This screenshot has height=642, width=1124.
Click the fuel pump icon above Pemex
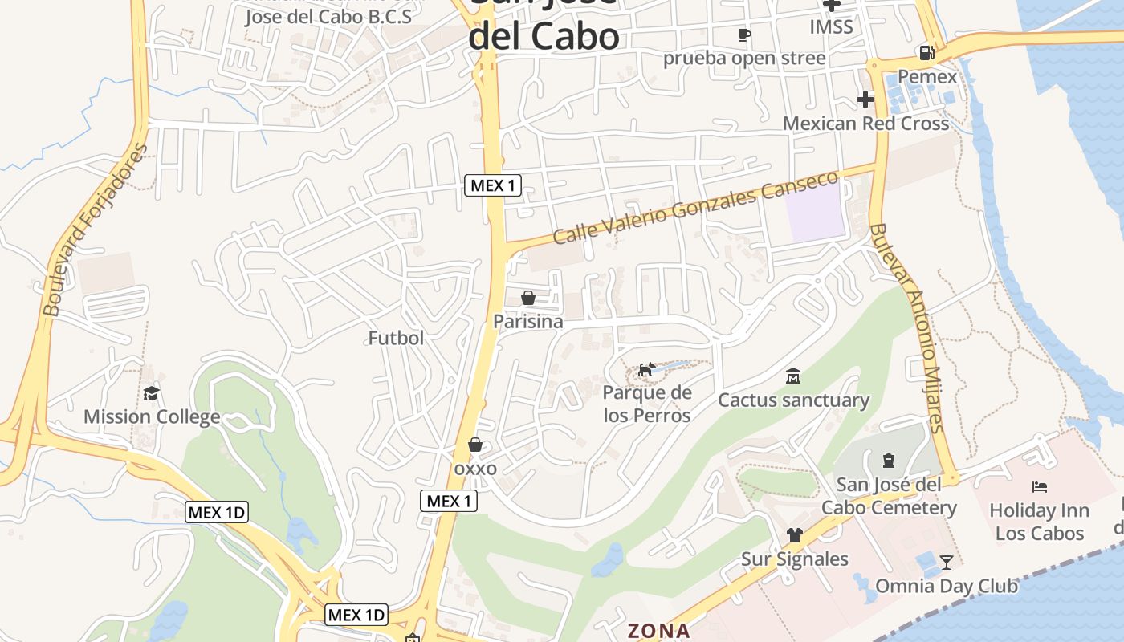pos(927,53)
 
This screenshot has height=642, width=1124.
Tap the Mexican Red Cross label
pos(865,124)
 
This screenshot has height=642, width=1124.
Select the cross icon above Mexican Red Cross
pos(865,100)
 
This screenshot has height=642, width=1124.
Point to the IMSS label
pos(831,26)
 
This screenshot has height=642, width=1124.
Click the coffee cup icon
pos(743,35)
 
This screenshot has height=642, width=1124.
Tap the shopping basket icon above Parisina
pos(528,298)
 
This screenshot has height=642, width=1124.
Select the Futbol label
pos(396,338)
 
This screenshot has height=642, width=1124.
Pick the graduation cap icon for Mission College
pos(151,393)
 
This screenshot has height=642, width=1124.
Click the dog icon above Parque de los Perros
pos(646,369)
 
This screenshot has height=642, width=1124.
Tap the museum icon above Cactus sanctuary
pos(793,376)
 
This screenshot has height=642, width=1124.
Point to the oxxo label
pos(475,469)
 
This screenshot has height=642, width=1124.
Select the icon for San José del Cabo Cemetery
pos(889,461)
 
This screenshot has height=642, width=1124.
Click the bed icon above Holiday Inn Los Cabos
pos(1040,486)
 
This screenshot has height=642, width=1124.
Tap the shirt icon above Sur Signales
pos(794,535)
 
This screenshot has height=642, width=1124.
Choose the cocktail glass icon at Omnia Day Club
pos(947,562)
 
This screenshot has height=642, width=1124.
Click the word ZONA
pos(658,631)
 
